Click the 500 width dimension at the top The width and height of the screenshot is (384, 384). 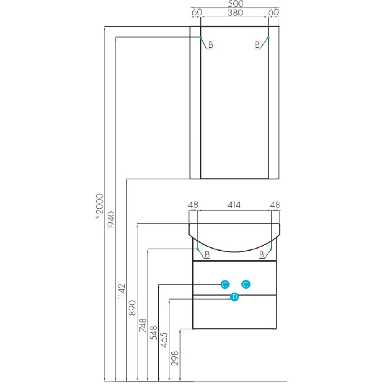236,4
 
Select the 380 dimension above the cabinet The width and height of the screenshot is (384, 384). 235,13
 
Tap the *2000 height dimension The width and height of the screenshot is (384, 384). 99,207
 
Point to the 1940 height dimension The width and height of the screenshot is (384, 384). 111,221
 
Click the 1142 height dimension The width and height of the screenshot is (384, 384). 122,291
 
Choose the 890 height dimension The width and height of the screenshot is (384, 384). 132,308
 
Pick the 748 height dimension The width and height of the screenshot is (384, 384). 143,325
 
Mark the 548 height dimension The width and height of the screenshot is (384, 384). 154,333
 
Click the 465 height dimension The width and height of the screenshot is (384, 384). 164,340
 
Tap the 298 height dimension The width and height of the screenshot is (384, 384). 175,358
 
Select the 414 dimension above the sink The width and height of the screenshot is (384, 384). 234,205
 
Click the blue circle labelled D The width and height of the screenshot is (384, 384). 234,297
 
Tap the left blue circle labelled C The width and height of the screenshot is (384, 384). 225,284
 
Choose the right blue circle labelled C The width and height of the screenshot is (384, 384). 245,284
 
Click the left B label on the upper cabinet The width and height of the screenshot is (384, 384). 211,45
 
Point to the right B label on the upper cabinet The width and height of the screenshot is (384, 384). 257,45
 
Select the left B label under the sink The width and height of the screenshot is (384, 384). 207,255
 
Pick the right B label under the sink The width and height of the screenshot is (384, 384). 262,255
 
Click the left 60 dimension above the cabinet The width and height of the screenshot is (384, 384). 197,12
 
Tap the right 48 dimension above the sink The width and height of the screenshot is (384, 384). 275,205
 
